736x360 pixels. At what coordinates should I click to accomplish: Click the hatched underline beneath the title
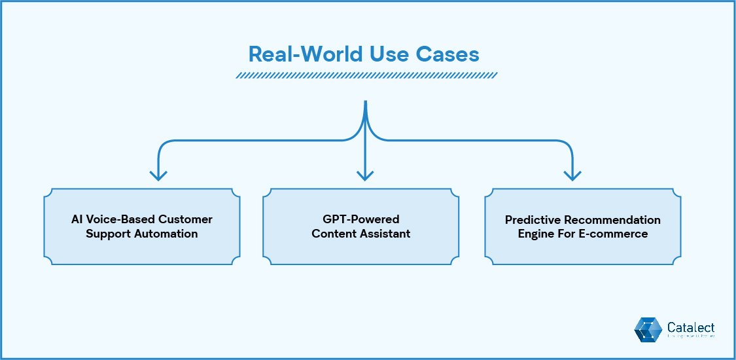366,75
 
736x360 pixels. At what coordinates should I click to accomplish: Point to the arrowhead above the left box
158,175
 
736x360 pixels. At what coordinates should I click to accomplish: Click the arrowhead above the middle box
365,175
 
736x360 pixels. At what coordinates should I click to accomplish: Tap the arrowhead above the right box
572,175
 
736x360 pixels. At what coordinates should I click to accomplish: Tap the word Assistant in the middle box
385,234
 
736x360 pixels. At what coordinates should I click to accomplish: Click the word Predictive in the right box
532,220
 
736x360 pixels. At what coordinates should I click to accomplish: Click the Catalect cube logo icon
648,329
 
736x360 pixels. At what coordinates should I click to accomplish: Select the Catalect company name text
691,327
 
